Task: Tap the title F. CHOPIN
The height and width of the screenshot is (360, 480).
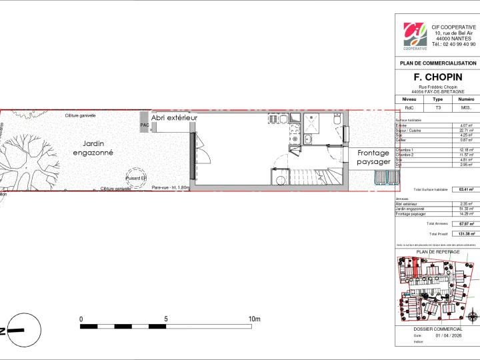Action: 437,77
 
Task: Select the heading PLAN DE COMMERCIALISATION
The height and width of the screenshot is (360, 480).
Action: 437,63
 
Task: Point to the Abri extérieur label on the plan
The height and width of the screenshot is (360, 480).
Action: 175,117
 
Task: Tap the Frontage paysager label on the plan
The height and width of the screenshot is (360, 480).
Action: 373,157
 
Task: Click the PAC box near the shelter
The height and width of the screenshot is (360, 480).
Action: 144,125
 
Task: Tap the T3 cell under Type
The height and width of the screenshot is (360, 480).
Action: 437,107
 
